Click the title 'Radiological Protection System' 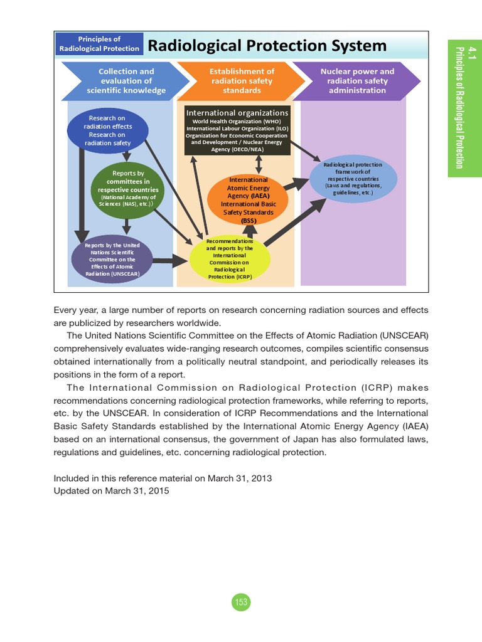tap(267, 46)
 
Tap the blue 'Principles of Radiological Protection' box tap(99, 44)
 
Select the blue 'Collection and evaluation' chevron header tap(126, 81)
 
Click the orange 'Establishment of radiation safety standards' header tap(242, 81)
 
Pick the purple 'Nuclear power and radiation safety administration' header tap(357, 81)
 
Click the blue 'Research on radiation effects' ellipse tap(107, 130)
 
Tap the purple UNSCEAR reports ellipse tap(112, 259)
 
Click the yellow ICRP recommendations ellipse tap(230, 259)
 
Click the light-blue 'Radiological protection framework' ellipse tap(353, 179)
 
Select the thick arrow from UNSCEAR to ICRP tap(171, 261)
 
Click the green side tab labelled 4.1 tap(464, 107)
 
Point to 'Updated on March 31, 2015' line tap(111, 492)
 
